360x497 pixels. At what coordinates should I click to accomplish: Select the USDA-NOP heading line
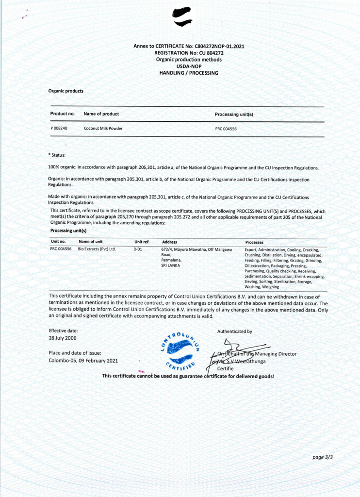pyautogui.click(x=189, y=66)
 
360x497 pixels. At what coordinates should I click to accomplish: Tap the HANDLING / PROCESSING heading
pyautogui.click(x=189, y=73)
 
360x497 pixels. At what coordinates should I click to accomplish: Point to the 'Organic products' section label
pyautogui.click(x=65, y=91)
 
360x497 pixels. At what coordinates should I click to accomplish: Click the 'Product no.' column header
pyautogui.click(x=62, y=114)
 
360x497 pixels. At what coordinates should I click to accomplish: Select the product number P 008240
pyautogui.click(x=59, y=129)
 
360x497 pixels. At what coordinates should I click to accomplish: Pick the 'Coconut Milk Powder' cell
pyautogui.click(x=103, y=129)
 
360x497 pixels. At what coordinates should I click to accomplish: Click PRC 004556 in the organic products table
pyautogui.click(x=226, y=129)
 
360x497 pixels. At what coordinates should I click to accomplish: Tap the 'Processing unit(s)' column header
pyautogui.click(x=234, y=115)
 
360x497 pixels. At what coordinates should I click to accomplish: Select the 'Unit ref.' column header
pyautogui.click(x=142, y=242)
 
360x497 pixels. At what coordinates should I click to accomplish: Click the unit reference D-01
pyautogui.click(x=137, y=249)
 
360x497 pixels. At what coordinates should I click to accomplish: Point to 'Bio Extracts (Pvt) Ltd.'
pyautogui.click(x=97, y=249)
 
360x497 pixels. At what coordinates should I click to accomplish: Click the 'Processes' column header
pyautogui.click(x=254, y=242)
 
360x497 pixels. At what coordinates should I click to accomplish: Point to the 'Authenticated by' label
pyautogui.click(x=234, y=331)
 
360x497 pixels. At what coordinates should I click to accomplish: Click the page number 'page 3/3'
pyautogui.click(x=323, y=457)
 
